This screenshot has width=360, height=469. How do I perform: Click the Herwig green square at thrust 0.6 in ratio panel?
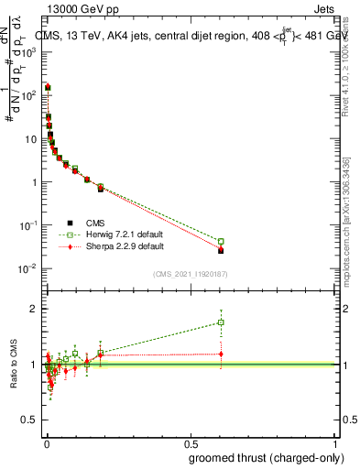click(x=221, y=322)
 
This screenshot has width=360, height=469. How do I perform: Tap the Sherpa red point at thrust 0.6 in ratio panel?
click(x=221, y=354)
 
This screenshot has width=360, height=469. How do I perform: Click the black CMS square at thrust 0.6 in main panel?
click(x=221, y=250)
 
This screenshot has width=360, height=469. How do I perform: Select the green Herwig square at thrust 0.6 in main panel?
click(x=221, y=241)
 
